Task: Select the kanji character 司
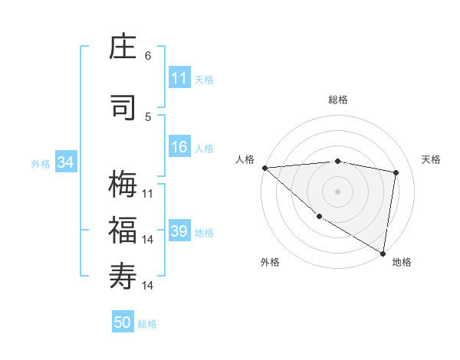(x=123, y=107)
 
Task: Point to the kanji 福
(x=123, y=231)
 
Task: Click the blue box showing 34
(x=65, y=162)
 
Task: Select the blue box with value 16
(x=179, y=148)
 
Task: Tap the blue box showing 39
(x=179, y=232)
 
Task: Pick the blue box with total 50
(x=123, y=323)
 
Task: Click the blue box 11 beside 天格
(x=179, y=78)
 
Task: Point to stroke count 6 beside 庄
(x=148, y=56)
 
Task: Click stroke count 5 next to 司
(x=148, y=116)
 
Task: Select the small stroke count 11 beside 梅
(x=148, y=194)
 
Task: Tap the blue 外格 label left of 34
(x=41, y=163)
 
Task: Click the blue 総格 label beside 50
(x=147, y=324)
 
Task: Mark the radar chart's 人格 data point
(x=264, y=168)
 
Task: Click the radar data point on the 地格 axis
(x=383, y=252)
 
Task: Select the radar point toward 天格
(x=396, y=172)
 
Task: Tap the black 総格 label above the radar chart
(x=338, y=100)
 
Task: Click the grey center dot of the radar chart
(x=337, y=191)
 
